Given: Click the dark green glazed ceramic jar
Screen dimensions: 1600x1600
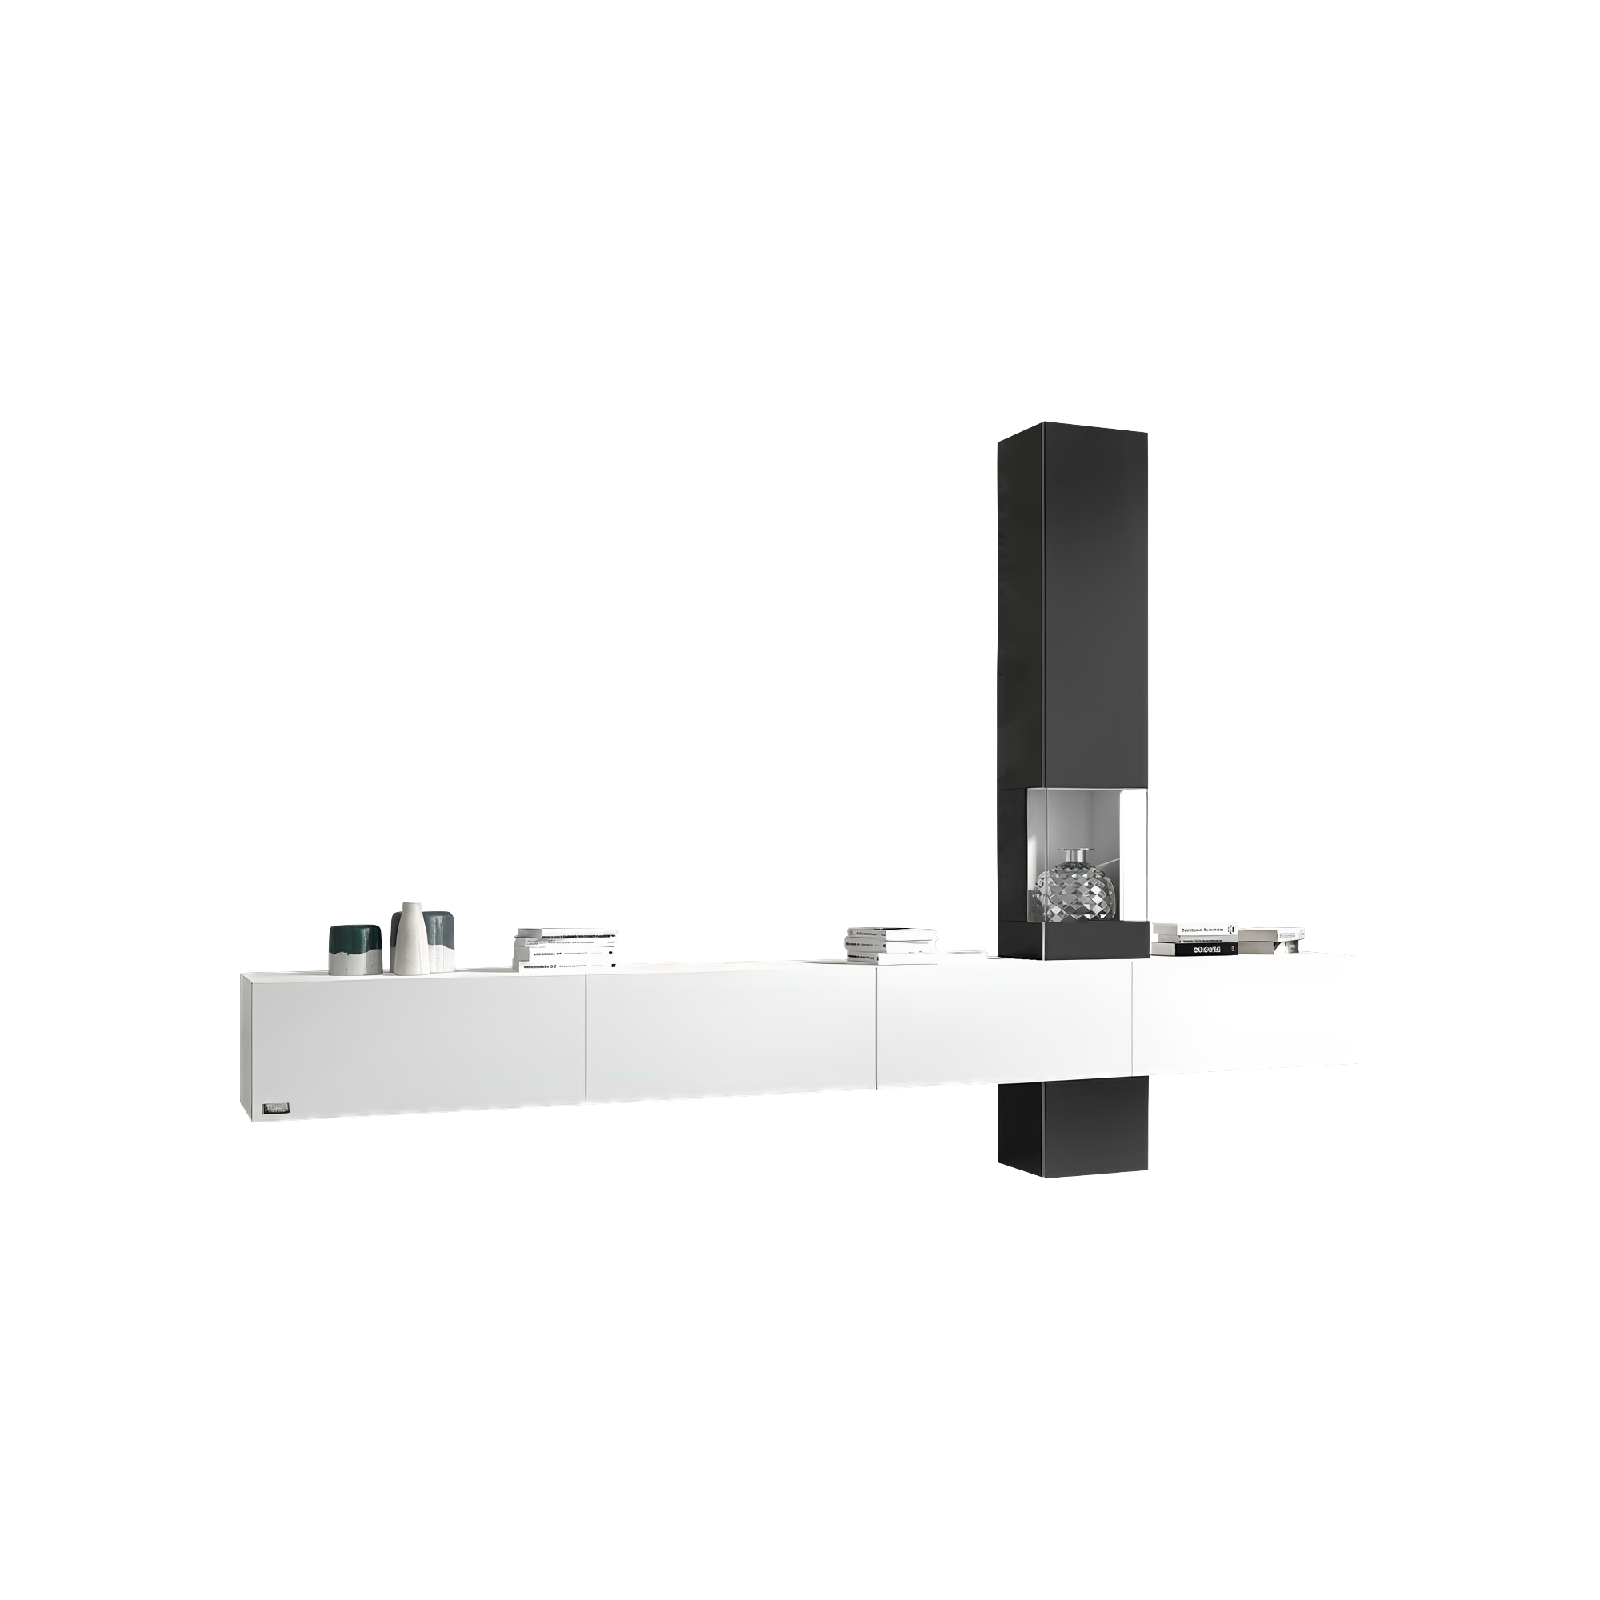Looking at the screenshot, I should pyautogui.click(x=354, y=949).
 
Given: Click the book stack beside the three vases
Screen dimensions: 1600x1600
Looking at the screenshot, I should pyautogui.click(x=566, y=949).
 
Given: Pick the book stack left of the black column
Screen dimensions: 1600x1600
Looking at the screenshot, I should pyautogui.click(x=891, y=945).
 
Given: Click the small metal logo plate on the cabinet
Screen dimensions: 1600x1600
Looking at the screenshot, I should pyautogui.click(x=276, y=1109).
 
